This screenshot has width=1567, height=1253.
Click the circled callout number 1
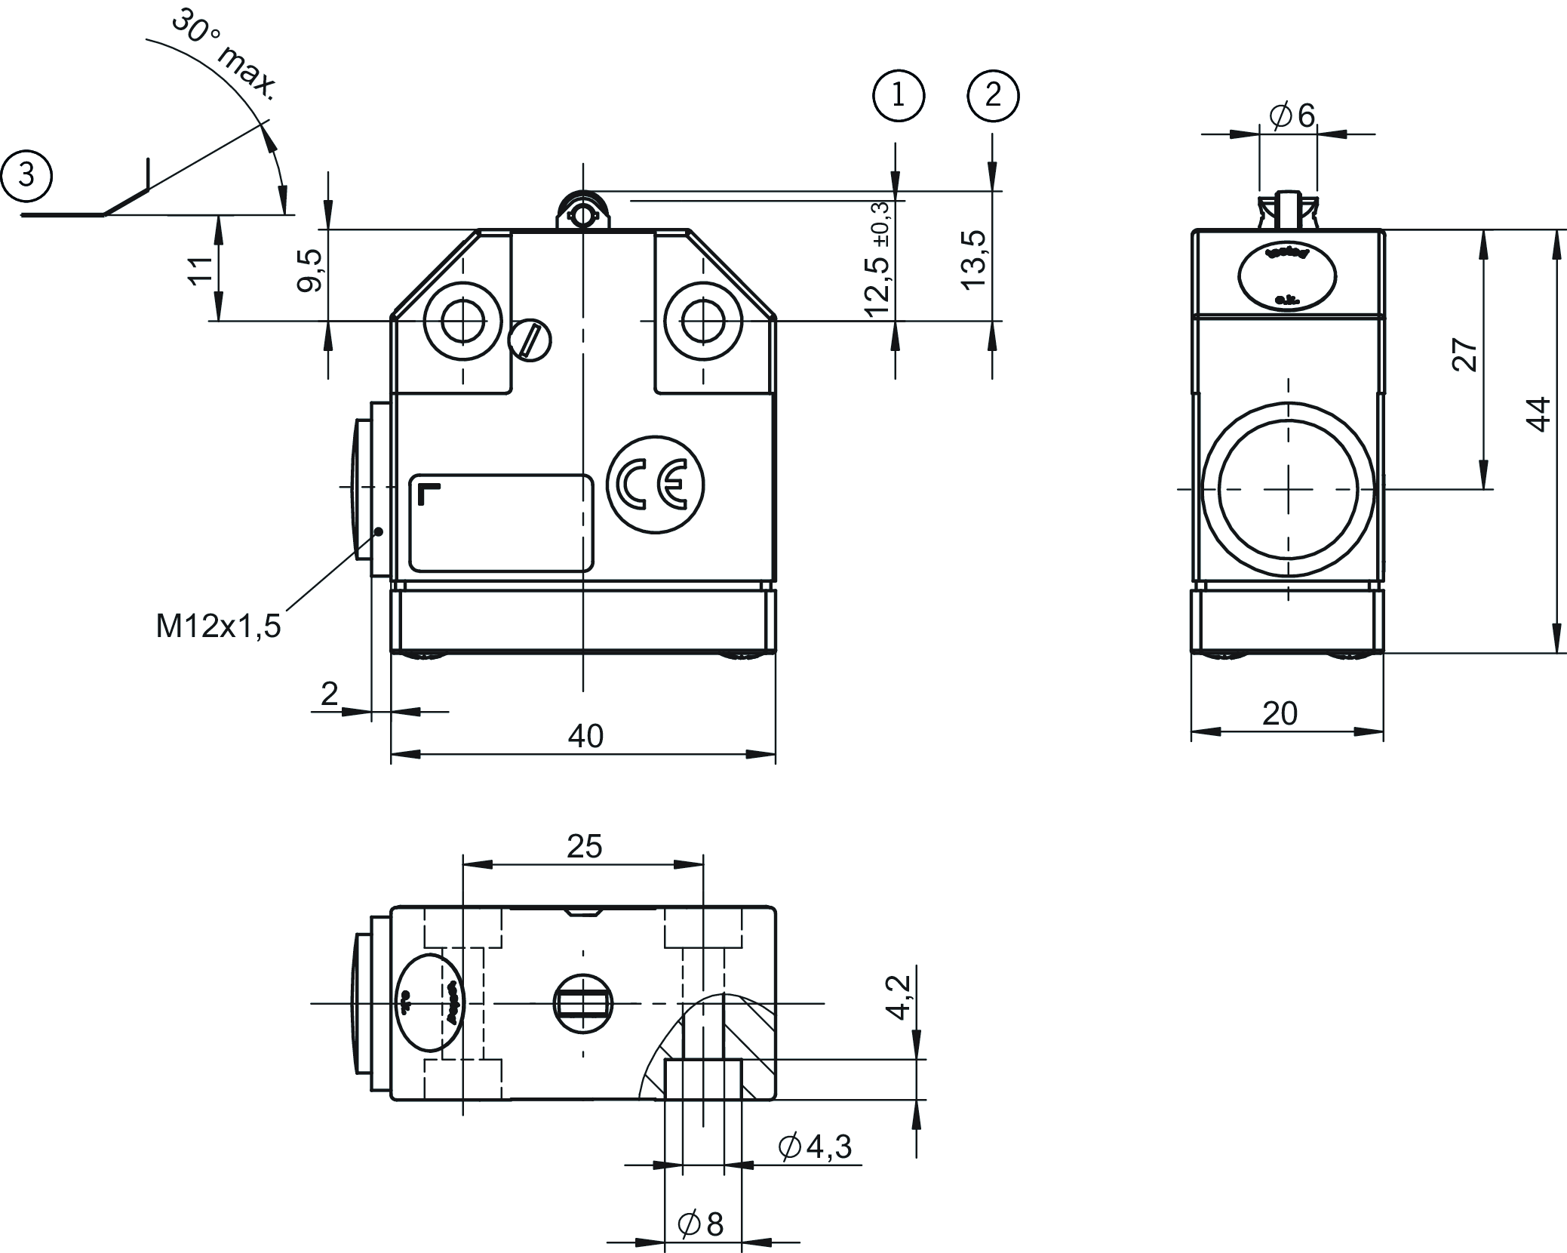click(898, 96)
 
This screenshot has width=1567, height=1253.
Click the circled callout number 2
click(993, 96)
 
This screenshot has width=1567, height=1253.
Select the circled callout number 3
click(26, 176)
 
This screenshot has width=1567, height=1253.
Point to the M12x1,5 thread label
click(218, 626)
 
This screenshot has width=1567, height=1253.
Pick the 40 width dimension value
click(585, 736)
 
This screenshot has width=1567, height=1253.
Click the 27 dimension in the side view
click(1464, 355)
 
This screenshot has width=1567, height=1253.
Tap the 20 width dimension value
click(1280, 713)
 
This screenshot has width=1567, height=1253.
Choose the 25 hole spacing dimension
click(584, 847)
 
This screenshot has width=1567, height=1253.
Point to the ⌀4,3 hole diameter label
click(816, 1147)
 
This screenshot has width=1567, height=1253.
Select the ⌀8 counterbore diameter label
click(701, 1224)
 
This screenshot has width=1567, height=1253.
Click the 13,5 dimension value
click(975, 259)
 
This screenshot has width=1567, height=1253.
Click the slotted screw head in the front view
click(530, 340)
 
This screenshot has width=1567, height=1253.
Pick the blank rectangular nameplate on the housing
click(501, 523)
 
